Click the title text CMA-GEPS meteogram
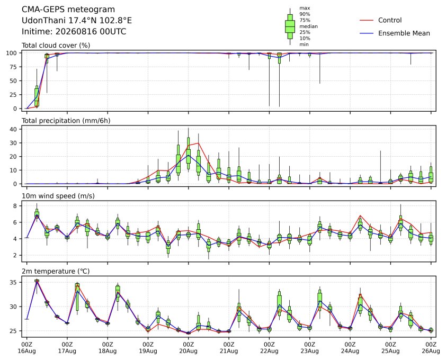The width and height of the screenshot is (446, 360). coord(68,10)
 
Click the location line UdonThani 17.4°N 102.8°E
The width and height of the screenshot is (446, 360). coord(77,21)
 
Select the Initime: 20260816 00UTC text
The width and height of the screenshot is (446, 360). coord(74,31)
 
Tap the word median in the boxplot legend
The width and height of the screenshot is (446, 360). coord(308,26)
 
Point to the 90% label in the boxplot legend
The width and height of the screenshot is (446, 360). coord(305,14)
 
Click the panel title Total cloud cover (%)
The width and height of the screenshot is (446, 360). coord(56,46)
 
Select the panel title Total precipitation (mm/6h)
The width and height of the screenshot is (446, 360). coord(66,121)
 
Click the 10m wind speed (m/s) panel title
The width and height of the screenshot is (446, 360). coord(58,196)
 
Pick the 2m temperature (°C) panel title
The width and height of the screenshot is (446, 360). coord(56,271)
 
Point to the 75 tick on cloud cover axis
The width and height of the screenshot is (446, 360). coord(14,67)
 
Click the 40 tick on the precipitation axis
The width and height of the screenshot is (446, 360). coord(14,129)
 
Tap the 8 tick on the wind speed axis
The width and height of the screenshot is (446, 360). coord(15,205)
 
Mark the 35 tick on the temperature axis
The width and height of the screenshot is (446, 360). coord(14,282)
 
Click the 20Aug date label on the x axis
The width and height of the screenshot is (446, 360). coord(188,351)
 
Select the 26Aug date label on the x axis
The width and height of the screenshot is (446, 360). coord(431,351)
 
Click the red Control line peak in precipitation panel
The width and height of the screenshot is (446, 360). coord(199,143)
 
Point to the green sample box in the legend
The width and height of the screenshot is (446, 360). coord(290,26)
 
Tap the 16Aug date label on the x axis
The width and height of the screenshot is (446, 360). coord(26,351)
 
